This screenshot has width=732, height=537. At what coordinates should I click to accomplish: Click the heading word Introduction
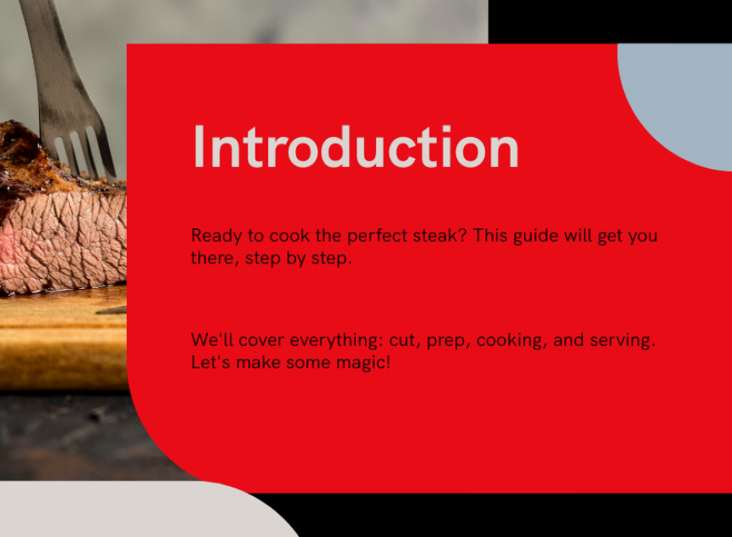[x=356, y=147]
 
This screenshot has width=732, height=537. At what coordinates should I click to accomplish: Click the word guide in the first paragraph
[x=535, y=236]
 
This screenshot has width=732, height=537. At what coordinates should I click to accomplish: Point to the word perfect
[x=377, y=236]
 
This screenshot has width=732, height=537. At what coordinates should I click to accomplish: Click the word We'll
[x=212, y=340]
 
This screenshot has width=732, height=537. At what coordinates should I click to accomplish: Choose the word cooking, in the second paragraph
[x=512, y=341]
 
